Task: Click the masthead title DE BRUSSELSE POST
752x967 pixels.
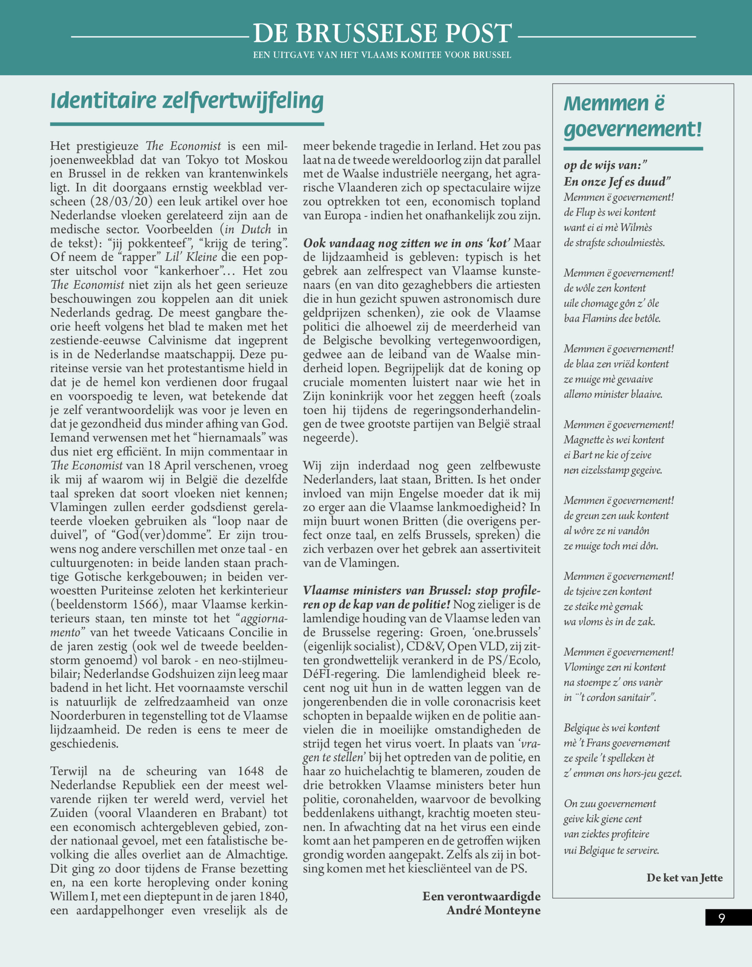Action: [382, 33]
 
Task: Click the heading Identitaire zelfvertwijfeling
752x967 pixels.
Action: [187, 101]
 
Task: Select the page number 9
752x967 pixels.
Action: [722, 918]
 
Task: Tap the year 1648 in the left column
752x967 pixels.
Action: [250, 771]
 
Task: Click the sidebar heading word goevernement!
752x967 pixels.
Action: [633, 129]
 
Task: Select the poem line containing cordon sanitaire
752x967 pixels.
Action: [610, 697]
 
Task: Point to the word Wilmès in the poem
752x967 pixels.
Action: [636, 227]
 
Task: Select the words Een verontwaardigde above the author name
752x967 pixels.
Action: [481, 896]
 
